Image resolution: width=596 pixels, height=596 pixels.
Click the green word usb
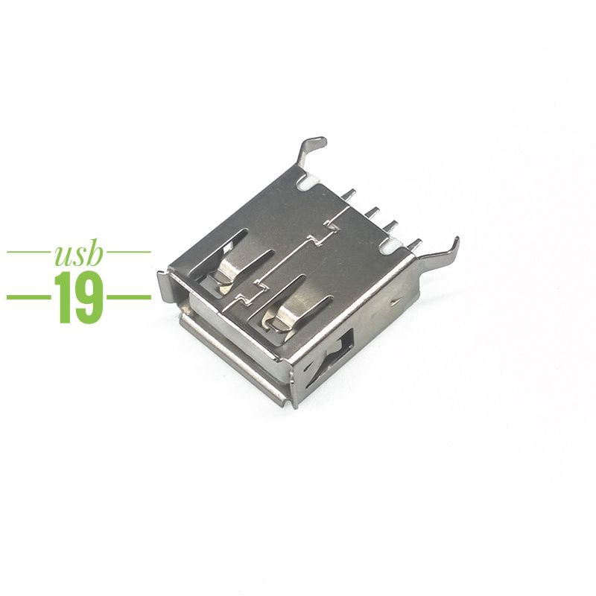coord(79,254)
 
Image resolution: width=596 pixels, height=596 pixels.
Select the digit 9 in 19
coord(89,297)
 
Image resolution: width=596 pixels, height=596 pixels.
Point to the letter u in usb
coord(63,257)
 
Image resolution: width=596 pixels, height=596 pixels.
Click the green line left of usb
coord(28,252)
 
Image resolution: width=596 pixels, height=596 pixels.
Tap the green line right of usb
coord(128,252)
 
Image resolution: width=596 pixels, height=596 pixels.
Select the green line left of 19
coord(28,297)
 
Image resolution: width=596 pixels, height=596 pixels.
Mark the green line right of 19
coord(129,297)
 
